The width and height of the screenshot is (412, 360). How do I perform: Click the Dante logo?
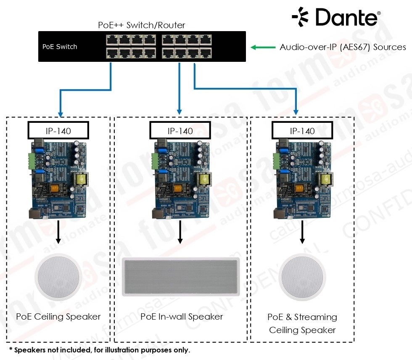tap(336, 17)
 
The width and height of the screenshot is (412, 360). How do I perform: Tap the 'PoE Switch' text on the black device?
tap(60, 47)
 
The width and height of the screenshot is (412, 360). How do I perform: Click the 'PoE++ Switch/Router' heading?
tap(142, 25)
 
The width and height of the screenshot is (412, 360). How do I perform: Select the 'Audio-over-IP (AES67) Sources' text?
tap(343, 47)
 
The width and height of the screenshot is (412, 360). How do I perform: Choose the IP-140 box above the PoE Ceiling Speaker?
tap(58, 131)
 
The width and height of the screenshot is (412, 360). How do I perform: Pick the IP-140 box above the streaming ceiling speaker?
tap(302, 131)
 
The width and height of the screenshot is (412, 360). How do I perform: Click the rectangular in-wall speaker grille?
tap(180, 277)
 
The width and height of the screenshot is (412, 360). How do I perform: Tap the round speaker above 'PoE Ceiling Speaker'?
tap(58, 276)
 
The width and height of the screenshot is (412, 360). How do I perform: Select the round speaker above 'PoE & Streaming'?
tap(302, 276)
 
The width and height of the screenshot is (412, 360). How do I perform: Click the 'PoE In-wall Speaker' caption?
tap(182, 317)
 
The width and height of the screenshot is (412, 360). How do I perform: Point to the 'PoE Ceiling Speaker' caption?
tap(58, 317)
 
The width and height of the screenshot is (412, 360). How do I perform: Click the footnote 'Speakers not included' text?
tap(101, 350)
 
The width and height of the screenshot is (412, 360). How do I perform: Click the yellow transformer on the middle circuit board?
tap(203, 180)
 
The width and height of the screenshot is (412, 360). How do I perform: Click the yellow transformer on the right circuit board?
tap(325, 180)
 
